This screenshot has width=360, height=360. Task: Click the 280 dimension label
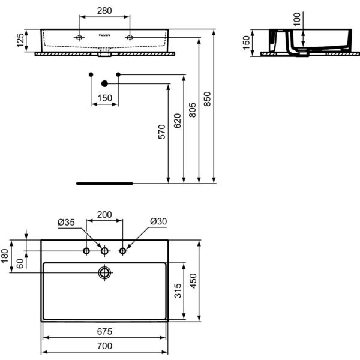[104, 11]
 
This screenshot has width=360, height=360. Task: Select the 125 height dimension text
[20, 40]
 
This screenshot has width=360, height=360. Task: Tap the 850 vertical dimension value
[208, 99]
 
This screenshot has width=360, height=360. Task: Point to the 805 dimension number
[193, 110]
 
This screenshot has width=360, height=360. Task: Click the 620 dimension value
[177, 121]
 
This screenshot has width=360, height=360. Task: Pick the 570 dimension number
[162, 132]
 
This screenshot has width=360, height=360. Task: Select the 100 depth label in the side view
[297, 19]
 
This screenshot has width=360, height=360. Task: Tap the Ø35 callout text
[66, 222]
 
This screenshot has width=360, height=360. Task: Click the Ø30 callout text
[158, 221]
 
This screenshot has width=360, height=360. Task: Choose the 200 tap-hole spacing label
[104, 215]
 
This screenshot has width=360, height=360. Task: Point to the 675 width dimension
[104, 332]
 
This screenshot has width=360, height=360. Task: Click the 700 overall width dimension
[104, 346]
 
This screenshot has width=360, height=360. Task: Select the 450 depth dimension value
[194, 281]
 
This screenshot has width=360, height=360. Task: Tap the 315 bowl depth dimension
[178, 290]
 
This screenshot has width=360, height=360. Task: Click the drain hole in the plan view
[104, 273]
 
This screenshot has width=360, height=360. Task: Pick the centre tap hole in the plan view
[104, 251]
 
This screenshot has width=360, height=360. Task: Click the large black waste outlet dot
[104, 83]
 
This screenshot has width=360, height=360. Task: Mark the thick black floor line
[104, 184]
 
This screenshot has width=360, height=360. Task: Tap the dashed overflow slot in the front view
[104, 35]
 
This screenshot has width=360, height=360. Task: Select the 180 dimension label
[5, 256]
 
